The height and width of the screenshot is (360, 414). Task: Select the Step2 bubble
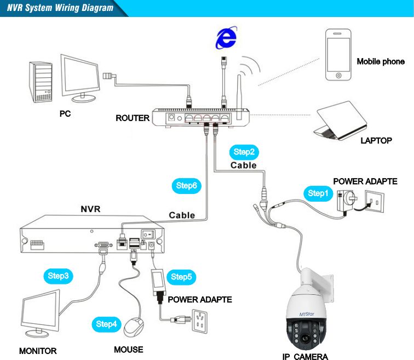pyautogui.click(x=244, y=152)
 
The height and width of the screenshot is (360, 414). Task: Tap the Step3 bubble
pyautogui.click(x=59, y=276)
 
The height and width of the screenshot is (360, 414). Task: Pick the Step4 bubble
pyautogui.click(x=106, y=324)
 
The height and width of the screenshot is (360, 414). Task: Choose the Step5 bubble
pyautogui.click(x=181, y=277)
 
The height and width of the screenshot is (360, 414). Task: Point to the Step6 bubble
pyautogui.click(x=186, y=186)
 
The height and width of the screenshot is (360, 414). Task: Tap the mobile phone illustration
pyautogui.click(x=338, y=55)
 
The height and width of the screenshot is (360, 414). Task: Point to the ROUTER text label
pyautogui.click(x=133, y=118)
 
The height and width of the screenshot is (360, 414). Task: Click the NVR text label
pyautogui.click(x=91, y=209)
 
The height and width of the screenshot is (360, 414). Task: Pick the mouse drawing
pyautogui.click(x=134, y=327)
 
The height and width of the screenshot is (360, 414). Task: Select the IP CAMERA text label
pyautogui.click(x=305, y=357)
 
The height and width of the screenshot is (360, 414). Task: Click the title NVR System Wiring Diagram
pyautogui.click(x=60, y=8)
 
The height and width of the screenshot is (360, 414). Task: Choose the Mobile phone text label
pyautogui.click(x=381, y=61)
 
